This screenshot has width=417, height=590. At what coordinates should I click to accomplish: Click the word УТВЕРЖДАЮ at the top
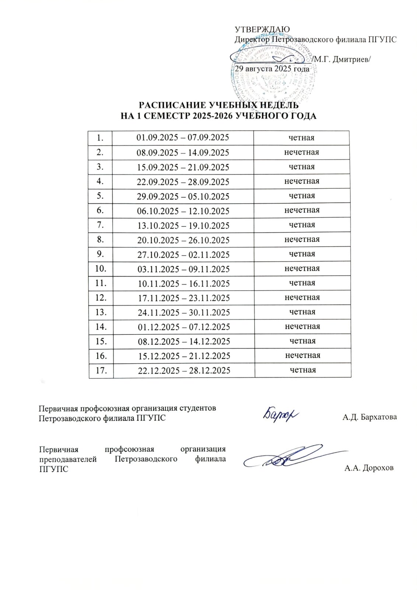(x=262, y=29)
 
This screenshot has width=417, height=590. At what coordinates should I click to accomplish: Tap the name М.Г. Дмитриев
(x=343, y=60)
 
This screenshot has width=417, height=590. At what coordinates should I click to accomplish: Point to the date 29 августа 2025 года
(x=272, y=69)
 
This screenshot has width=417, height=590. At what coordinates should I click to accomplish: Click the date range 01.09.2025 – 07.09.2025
(x=183, y=138)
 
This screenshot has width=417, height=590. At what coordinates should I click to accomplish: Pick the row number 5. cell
(x=100, y=196)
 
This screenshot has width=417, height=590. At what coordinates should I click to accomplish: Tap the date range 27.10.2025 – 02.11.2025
(x=183, y=254)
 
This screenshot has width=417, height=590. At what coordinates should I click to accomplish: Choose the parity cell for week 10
(x=302, y=268)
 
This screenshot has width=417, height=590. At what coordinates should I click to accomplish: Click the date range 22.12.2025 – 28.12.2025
(x=184, y=370)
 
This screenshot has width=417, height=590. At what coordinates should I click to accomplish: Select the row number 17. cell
(x=101, y=370)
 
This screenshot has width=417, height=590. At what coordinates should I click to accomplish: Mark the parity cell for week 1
(x=301, y=138)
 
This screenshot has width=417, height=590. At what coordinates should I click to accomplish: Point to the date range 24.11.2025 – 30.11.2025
(x=184, y=312)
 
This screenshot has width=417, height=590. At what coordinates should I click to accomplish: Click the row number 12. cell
(x=101, y=298)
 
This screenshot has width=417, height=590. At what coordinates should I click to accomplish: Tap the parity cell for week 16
(x=302, y=355)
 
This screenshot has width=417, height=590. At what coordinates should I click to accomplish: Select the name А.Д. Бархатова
(x=369, y=417)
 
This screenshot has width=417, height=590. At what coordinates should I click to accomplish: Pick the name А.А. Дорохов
(x=369, y=468)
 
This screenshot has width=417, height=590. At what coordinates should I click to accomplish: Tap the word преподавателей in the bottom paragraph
(x=68, y=459)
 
